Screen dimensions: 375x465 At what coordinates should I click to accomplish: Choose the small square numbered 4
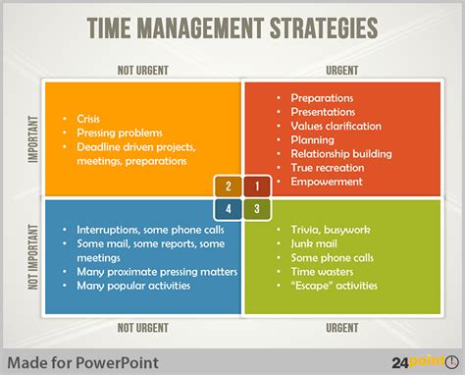point(228,207)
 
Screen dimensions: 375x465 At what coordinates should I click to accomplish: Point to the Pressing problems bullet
point(116,133)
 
